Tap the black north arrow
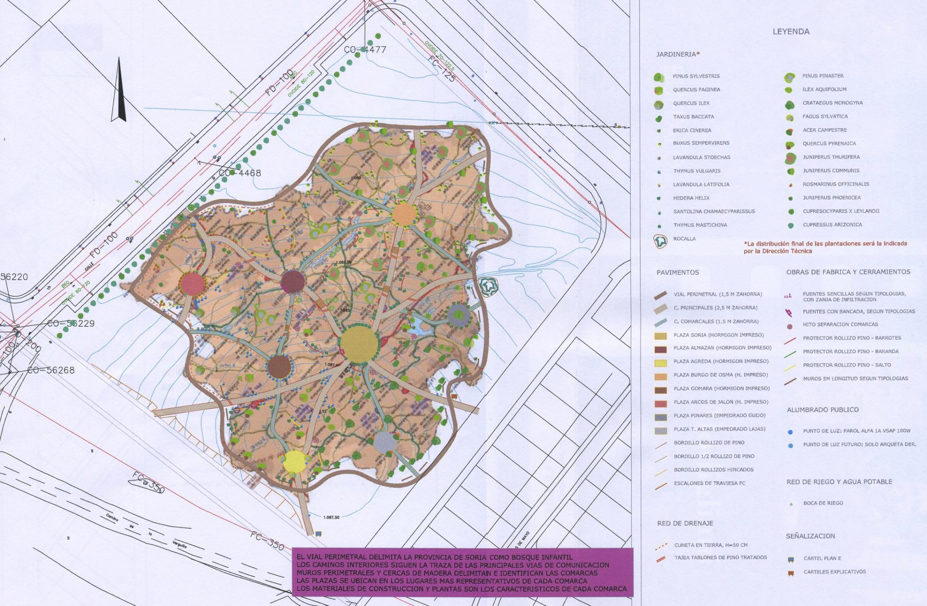coord(118,91)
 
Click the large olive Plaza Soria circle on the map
coord(359,346)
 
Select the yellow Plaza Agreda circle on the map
coord(295,462)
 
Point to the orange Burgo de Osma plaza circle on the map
coord(404,215)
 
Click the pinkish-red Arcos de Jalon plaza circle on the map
coord(193,284)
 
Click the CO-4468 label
coord(240,173)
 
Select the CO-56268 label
coord(51,370)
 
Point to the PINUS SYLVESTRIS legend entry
coord(696,76)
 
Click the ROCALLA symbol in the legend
coord(661,241)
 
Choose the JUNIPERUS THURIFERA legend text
coord(831,157)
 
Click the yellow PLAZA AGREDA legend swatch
coord(661,362)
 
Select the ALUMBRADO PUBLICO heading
coord(822,410)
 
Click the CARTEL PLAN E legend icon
coord(791,559)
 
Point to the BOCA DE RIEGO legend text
coord(823,503)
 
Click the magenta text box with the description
coord(462,572)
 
